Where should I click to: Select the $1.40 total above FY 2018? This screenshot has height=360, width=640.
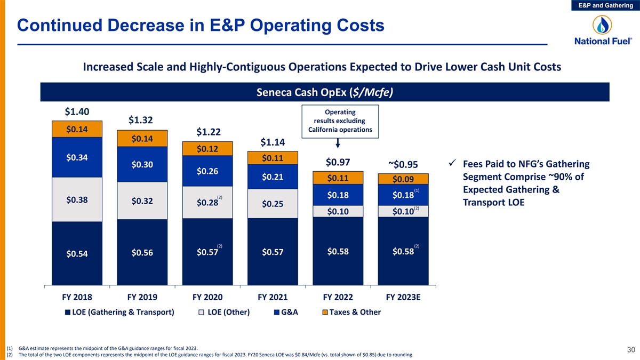(77, 111)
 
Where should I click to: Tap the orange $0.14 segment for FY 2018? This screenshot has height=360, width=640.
(77, 129)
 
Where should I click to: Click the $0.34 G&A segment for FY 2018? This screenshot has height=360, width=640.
(77, 157)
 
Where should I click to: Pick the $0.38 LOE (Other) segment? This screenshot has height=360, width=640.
(77, 200)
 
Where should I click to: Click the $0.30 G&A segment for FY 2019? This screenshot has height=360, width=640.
(142, 164)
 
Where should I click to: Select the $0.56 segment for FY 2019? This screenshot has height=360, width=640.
(142, 253)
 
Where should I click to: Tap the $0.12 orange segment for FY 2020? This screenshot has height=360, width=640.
(207, 149)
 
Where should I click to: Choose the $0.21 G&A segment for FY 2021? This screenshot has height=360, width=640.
(272, 177)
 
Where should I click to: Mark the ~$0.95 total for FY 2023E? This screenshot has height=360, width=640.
(403, 164)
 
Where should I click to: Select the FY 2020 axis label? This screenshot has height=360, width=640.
(207, 297)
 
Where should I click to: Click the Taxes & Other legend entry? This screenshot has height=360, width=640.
(351, 312)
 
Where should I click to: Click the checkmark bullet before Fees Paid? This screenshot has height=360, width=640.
(452, 163)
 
